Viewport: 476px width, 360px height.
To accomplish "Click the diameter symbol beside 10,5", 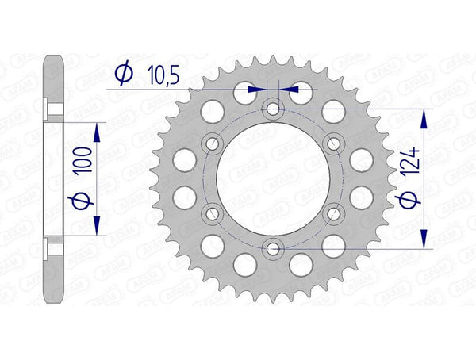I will click(x=124, y=75).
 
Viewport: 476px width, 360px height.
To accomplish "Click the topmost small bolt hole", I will click(x=273, y=109).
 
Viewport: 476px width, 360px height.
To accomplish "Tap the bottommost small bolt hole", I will click(x=273, y=249).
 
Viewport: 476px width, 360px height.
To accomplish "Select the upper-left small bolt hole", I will click(x=213, y=144).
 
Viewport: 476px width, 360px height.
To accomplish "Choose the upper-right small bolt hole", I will click(x=333, y=144).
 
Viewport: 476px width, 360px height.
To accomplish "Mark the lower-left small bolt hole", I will click(x=213, y=213).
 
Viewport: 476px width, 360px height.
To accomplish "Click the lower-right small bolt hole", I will click(x=333, y=213).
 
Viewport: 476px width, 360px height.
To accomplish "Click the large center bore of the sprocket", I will click(x=273, y=178).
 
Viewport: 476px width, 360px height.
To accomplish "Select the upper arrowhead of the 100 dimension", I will click(x=98, y=129).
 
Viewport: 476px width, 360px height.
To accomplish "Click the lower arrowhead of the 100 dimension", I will click(x=98, y=228).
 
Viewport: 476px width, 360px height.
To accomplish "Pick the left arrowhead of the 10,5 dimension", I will click(x=258, y=90).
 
